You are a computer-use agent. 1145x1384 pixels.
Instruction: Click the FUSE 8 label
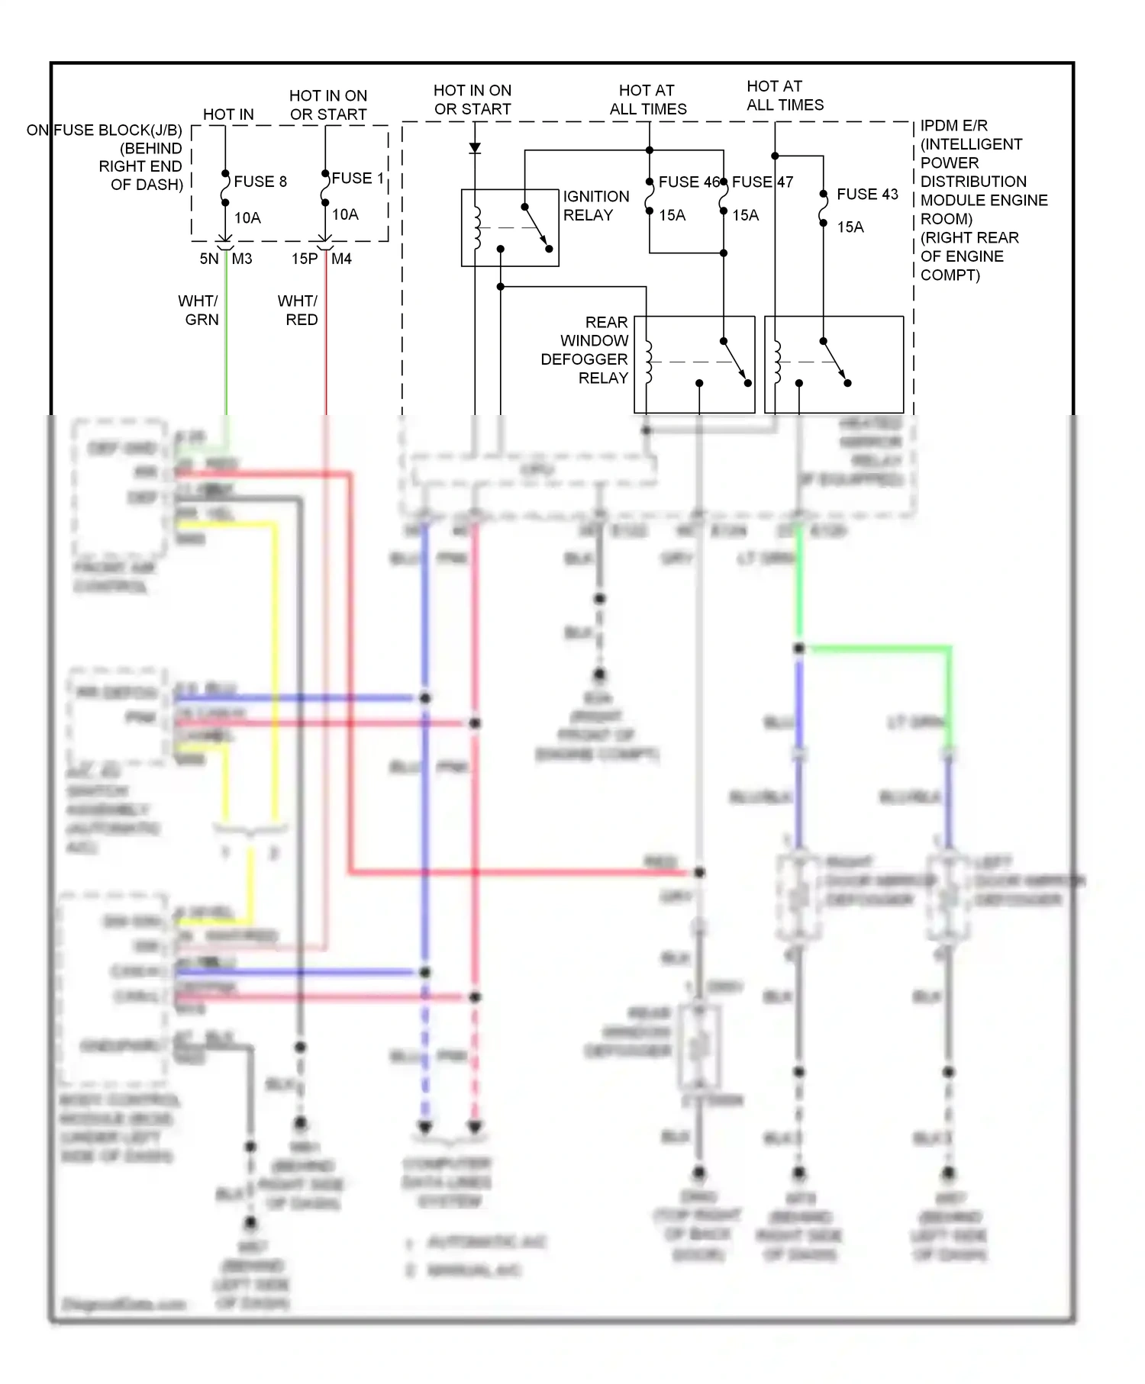pos(260,182)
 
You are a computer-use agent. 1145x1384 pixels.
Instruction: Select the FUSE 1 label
pos(356,178)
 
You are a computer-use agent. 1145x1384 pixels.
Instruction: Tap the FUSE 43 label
pos(867,194)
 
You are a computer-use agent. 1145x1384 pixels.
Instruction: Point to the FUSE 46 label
pos(689,182)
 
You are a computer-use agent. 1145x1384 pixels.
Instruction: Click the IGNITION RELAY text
pos(595,206)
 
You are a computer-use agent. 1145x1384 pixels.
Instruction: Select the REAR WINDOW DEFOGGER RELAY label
pos(585,350)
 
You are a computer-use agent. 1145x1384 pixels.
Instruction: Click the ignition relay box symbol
pos(510,227)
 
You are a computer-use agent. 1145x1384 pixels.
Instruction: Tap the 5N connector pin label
pos(208,259)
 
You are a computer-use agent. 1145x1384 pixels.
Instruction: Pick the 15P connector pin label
pos(304,259)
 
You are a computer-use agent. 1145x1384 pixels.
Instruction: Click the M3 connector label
pos(242,259)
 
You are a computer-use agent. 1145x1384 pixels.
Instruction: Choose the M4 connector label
pos(341,259)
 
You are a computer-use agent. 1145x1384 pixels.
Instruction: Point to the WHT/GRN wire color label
pos(199,310)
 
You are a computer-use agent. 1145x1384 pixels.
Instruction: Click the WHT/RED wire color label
pos(298,310)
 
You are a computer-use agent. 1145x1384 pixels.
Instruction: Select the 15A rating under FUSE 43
pos(850,227)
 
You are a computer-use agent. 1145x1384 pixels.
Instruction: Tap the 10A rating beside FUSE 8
pos(247,217)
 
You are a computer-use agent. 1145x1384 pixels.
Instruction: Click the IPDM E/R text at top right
pos(953,125)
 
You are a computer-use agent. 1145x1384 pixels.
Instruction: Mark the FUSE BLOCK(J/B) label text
pos(118,130)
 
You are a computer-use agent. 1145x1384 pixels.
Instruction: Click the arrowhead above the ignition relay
pos(475,148)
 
